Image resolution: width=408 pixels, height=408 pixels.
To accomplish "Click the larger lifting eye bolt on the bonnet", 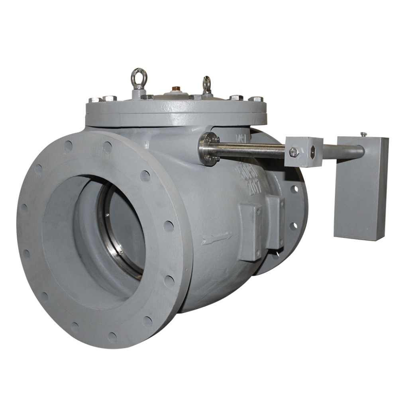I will coord(139,78).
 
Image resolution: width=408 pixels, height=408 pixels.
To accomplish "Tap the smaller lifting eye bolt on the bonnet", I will coord(206,84).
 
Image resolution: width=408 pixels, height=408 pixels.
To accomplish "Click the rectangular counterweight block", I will coord(361,187).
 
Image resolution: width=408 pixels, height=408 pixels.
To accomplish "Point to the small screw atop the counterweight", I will coord(363,135).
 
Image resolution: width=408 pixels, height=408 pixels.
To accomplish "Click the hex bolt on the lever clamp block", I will coord(294,151).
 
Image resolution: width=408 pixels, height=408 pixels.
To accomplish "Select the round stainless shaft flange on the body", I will coord(209,149).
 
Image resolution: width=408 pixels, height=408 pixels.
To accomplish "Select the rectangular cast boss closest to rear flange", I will coord(275,221).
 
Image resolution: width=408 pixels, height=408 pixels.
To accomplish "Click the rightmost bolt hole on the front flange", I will coord(169,226).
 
